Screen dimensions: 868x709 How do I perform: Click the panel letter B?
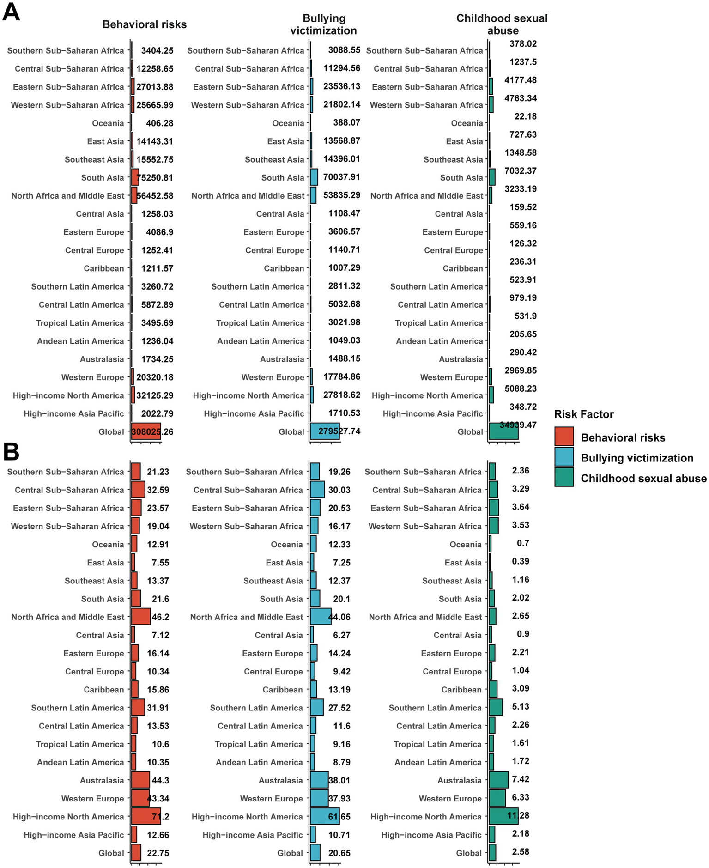11,453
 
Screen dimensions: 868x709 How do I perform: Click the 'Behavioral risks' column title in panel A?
145,24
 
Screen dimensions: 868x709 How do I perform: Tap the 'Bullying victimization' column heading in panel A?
324,24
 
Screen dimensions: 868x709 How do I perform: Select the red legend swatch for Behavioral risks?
564,437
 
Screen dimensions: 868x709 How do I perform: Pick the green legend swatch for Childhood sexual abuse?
564,477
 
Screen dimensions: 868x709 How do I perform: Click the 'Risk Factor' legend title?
584,414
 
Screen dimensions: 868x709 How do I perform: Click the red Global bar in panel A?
146,431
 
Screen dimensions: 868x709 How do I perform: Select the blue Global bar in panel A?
325,431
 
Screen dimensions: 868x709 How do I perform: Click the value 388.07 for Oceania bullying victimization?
346,123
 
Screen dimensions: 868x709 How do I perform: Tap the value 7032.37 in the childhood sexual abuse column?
521,171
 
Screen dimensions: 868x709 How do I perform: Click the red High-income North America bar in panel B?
145,817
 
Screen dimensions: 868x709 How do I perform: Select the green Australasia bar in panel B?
498,780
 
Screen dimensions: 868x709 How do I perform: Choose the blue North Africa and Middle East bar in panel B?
320,617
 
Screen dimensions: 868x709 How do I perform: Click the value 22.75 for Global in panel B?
158,853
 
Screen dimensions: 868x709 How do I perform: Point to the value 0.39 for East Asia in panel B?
521,561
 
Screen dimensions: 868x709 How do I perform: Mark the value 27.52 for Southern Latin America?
339,708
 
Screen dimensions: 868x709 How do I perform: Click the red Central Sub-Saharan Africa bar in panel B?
138,490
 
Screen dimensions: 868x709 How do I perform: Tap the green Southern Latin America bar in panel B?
495,708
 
